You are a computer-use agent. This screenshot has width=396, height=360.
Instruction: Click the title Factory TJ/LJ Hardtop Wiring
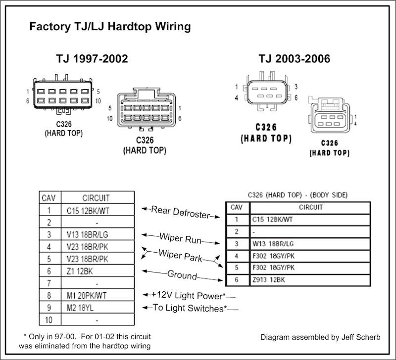(109, 26)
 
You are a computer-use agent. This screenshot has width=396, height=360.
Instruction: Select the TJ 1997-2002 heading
(92, 59)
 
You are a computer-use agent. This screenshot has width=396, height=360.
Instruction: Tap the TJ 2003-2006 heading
(294, 59)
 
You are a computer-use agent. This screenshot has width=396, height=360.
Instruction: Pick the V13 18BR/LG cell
(87, 234)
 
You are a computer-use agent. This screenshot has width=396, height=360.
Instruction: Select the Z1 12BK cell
(80, 271)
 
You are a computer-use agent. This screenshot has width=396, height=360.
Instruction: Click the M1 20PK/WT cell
(88, 295)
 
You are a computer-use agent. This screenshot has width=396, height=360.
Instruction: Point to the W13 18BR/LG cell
(273, 244)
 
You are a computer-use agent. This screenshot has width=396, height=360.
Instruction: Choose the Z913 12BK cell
(269, 279)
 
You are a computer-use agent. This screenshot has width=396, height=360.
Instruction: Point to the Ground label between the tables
(182, 274)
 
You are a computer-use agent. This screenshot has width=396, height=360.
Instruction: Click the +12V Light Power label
(189, 295)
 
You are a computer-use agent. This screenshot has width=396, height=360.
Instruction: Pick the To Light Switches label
(190, 308)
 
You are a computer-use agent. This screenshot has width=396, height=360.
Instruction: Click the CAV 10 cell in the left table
(48, 319)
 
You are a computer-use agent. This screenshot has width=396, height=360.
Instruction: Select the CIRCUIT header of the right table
(310, 207)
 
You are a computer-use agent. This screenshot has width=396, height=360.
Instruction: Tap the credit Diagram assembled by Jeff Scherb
(320, 337)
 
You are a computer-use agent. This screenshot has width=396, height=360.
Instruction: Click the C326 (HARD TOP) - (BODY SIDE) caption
(297, 195)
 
